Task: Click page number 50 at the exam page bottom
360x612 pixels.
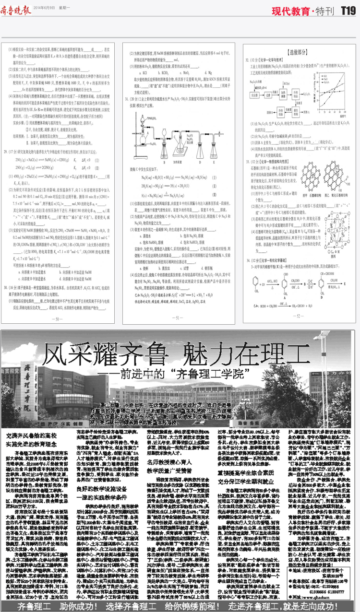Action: pyautogui.click(x=59, y=318)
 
